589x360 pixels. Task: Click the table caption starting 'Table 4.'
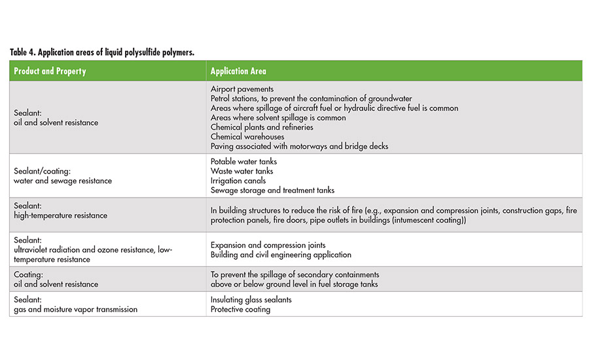click(x=102, y=52)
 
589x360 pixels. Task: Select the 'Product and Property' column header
click(x=50, y=71)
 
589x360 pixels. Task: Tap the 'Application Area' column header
click(x=238, y=71)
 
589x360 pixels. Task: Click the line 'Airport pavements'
click(x=242, y=89)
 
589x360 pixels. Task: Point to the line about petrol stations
click(x=312, y=99)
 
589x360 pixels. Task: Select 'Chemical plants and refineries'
click(x=262, y=127)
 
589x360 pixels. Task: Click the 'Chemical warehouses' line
click(x=247, y=137)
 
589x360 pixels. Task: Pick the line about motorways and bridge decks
click(x=299, y=146)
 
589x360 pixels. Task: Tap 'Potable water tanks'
click(x=243, y=162)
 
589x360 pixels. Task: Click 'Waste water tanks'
click(x=241, y=171)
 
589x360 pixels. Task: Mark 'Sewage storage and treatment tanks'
click(x=272, y=190)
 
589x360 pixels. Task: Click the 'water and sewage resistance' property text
click(x=63, y=181)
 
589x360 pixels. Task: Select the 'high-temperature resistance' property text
click(x=60, y=215)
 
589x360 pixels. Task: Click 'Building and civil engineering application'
click(x=281, y=255)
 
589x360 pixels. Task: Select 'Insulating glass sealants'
click(x=251, y=300)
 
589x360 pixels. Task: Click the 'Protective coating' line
click(x=240, y=309)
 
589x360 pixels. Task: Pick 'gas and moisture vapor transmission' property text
click(x=76, y=309)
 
